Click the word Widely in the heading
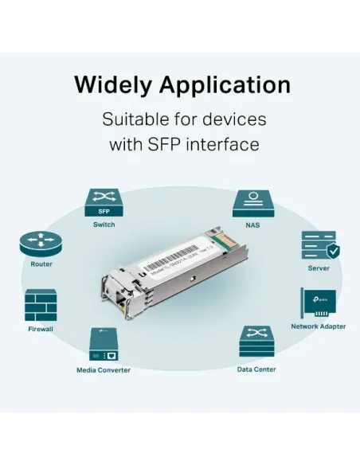[x=112, y=84]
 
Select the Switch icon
[x=104, y=203]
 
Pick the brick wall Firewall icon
[x=41, y=304]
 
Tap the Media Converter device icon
[x=103, y=345]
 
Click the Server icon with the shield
[x=319, y=248]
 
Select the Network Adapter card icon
[x=317, y=303]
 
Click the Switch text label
[x=104, y=225]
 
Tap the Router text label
[x=41, y=264]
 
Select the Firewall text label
[x=41, y=327]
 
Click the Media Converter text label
[x=103, y=369]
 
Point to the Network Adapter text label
[x=318, y=326]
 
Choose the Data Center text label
[x=256, y=369]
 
